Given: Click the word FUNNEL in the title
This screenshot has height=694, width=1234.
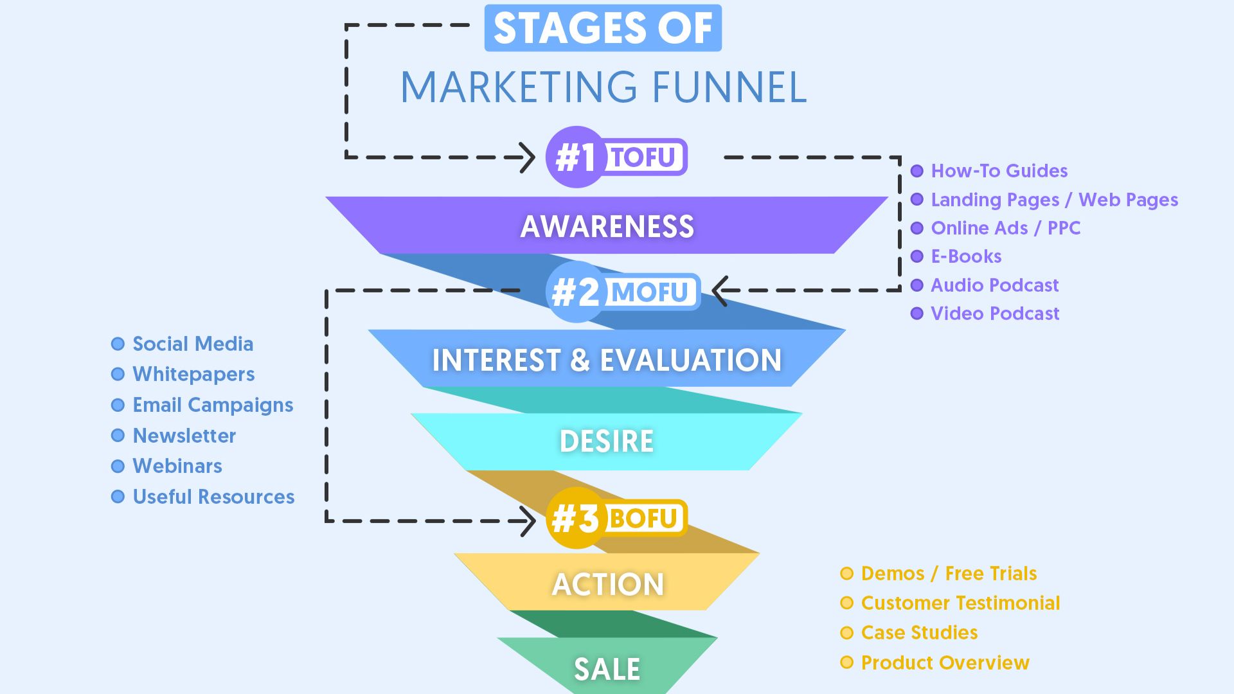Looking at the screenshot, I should [x=729, y=87].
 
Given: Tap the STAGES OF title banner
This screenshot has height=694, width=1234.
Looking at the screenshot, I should [x=603, y=28].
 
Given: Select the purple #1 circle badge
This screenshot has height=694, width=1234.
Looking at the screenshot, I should [x=576, y=157].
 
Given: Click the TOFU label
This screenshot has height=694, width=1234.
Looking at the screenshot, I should [x=643, y=157].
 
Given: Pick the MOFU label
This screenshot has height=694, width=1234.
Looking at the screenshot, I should [x=650, y=292].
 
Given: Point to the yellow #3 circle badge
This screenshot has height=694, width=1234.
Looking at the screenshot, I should [x=576, y=518].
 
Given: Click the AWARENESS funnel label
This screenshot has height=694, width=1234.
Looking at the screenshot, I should [x=607, y=226].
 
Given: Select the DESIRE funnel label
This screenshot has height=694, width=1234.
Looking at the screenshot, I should [x=607, y=441].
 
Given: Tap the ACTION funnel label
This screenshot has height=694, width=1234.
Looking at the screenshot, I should [x=607, y=584].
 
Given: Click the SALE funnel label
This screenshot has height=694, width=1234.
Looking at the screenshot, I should [x=607, y=670].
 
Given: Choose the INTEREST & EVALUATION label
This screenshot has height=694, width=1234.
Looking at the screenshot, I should [x=607, y=360].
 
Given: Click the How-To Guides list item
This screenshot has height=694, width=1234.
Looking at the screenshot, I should [x=999, y=171].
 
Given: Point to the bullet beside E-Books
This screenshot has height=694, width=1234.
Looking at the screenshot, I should [x=917, y=256].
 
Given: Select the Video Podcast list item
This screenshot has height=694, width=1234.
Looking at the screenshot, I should [x=995, y=314].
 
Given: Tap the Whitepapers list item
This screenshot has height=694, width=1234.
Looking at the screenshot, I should [x=193, y=374].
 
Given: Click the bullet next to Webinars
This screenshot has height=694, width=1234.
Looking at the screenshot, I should [x=118, y=466].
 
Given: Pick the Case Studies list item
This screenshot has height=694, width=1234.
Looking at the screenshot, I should [x=919, y=633].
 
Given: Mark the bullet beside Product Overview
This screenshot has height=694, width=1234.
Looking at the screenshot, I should [x=847, y=663].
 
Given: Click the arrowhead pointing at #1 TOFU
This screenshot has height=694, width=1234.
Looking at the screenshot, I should [x=528, y=157].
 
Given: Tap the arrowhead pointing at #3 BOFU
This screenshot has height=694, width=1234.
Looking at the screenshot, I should [x=528, y=520].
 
